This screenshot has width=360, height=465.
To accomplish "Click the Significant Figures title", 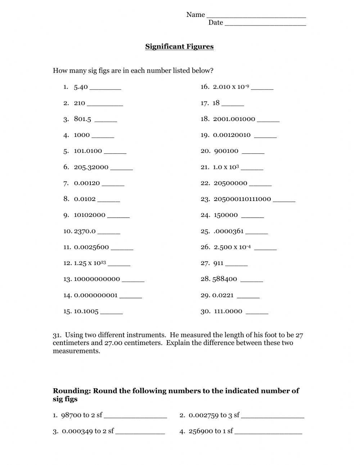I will click(x=179, y=46).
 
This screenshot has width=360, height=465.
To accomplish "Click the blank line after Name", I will click(x=256, y=16).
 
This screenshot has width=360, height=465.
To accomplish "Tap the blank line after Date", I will click(x=265, y=24).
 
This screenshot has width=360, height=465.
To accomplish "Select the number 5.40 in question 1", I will click(x=81, y=87).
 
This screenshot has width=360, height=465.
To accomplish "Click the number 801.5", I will click(x=82, y=119).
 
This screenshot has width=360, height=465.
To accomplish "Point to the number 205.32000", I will click(x=91, y=167).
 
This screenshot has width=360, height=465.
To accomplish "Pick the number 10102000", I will click(x=90, y=215).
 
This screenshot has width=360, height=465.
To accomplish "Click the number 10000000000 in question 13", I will click(x=97, y=279).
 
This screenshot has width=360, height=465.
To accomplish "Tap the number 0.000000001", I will click(x=96, y=295).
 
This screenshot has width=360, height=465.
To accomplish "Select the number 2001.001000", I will click(x=234, y=119).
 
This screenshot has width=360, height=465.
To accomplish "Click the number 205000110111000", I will click(x=242, y=199).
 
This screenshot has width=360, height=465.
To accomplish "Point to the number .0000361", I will click(x=229, y=231).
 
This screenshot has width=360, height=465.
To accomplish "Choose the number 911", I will click(x=219, y=263).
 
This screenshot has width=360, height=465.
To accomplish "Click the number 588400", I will click(x=225, y=279).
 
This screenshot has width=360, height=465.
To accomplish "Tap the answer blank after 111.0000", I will click(x=257, y=313).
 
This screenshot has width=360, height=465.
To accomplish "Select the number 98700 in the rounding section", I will click(x=71, y=415).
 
